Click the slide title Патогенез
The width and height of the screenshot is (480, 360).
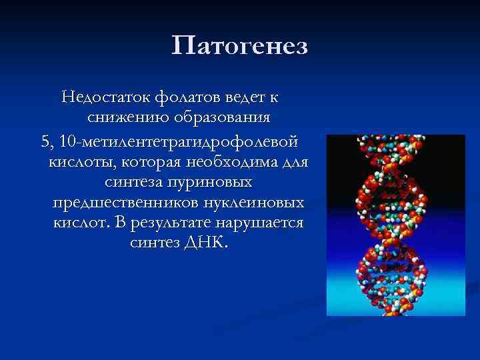click(x=239, y=47)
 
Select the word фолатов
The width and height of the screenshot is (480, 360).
click(x=187, y=98)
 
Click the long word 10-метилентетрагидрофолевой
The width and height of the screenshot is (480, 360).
click(x=179, y=141)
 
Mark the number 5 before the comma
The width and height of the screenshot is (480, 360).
click(x=45, y=141)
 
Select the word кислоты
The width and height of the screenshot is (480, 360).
click(x=78, y=162)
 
